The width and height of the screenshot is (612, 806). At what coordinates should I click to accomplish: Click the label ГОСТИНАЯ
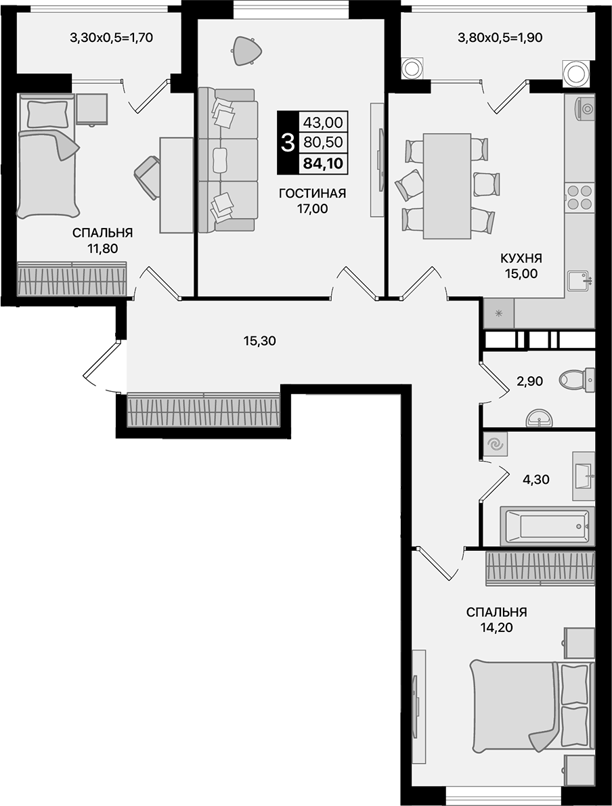click(x=312, y=194)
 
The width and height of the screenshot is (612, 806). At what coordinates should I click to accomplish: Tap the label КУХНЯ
click(x=521, y=258)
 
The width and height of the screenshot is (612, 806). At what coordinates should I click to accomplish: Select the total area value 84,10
click(x=323, y=162)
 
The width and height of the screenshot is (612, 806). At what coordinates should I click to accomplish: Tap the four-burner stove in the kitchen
click(x=580, y=197)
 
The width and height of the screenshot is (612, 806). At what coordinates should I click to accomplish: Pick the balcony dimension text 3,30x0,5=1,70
click(x=112, y=38)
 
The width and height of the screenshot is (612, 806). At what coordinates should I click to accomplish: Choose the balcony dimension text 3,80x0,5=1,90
click(x=502, y=38)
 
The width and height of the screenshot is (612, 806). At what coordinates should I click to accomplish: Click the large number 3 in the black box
click(x=287, y=143)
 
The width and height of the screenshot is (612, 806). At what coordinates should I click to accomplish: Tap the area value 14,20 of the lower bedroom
click(x=496, y=627)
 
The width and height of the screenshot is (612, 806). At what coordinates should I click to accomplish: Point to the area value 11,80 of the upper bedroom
click(x=102, y=248)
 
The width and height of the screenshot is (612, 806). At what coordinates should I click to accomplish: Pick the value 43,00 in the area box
click(x=323, y=122)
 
